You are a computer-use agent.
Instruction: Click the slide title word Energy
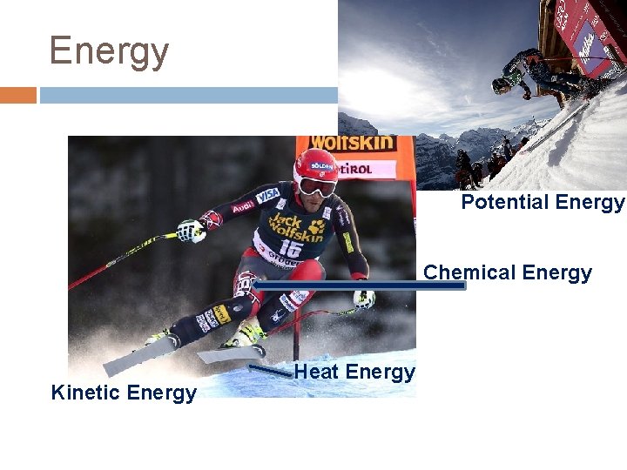pyautogui.click(x=109, y=51)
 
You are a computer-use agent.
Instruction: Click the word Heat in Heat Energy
pyautogui.click(x=315, y=373)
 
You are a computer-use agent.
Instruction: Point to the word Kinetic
pyautogui.click(x=85, y=393)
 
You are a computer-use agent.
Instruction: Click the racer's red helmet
pyautogui.click(x=315, y=164)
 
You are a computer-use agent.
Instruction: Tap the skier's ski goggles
pyautogui.click(x=316, y=185)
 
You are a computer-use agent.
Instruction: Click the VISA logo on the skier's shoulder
pyautogui.click(x=267, y=194)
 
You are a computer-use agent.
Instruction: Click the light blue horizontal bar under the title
pyautogui.click(x=187, y=95)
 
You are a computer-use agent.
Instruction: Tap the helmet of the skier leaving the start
pyautogui.click(x=502, y=84)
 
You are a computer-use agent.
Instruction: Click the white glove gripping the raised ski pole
pyautogui.click(x=189, y=231)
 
